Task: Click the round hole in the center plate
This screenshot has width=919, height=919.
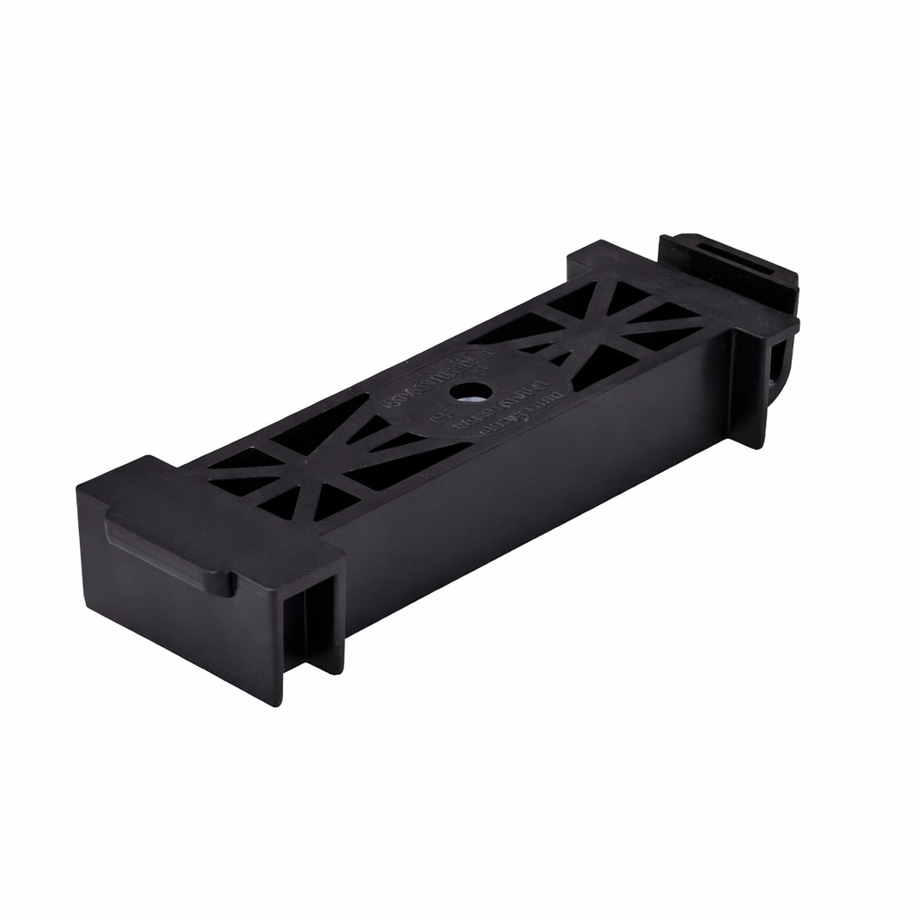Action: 469,391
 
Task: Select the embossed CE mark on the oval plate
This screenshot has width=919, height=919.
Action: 440,416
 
